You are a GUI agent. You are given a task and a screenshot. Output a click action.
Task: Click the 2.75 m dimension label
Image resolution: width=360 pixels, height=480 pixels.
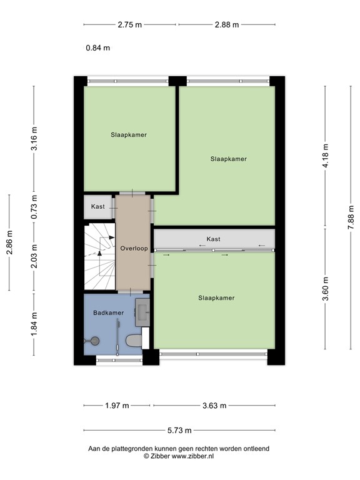[129, 25]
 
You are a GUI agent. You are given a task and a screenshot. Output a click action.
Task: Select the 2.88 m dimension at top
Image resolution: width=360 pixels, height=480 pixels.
[227, 25]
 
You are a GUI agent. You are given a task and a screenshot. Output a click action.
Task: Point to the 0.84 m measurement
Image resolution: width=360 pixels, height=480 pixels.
[98, 47]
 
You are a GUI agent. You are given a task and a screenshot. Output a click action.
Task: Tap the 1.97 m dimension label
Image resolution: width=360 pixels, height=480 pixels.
[116, 406]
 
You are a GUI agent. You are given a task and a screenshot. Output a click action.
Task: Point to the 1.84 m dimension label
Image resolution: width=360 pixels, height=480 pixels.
[34, 324]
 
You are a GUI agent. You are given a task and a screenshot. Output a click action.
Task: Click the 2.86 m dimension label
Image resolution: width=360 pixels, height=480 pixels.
[9, 242]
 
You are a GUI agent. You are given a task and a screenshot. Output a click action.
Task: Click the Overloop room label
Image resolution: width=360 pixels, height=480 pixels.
[134, 248]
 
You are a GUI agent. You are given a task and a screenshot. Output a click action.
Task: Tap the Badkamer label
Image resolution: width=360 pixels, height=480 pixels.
[109, 312]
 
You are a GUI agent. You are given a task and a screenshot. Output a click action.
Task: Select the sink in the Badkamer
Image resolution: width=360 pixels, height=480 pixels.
[142, 311]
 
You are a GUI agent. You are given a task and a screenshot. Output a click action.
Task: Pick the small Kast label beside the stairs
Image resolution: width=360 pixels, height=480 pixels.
[98, 207]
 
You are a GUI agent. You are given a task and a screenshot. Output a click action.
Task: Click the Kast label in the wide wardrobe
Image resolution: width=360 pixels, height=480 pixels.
[213, 239]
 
